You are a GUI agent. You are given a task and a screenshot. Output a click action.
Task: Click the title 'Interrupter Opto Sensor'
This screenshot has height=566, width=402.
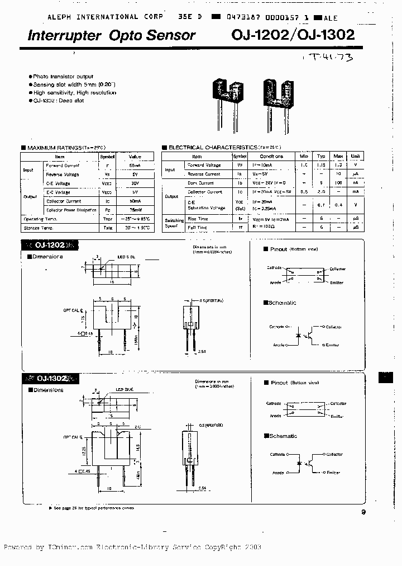click(x=112, y=36)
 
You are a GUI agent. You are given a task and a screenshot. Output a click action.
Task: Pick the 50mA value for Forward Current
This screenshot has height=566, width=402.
click(x=135, y=166)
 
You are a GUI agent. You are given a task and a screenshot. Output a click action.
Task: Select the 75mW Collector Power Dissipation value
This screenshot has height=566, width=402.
click(x=135, y=210)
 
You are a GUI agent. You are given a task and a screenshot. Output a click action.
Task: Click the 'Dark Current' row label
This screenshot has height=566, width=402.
click(x=200, y=183)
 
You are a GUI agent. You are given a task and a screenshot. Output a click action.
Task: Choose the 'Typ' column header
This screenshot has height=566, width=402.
click(x=322, y=157)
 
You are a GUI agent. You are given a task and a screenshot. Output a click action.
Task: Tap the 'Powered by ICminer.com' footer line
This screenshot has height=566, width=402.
click(x=132, y=547)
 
